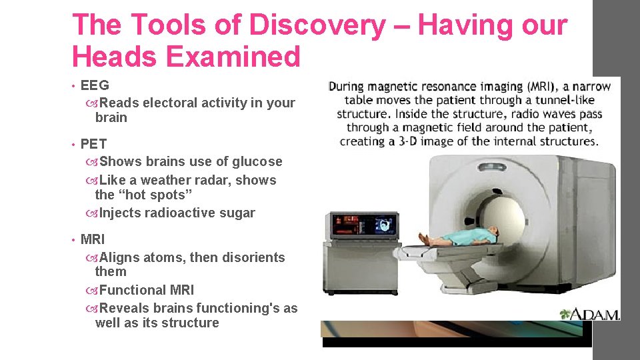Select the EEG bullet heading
point(95,85)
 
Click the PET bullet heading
point(93,143)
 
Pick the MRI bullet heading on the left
point(93,239)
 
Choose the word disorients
point(252,258)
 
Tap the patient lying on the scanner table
point(460,237)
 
